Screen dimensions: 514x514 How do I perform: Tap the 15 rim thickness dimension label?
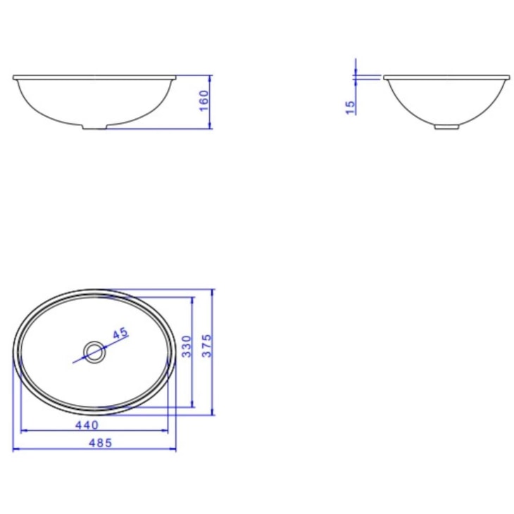pos(350,106)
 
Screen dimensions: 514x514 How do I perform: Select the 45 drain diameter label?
pos(120,333)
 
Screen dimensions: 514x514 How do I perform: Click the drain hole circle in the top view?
pos(93,351)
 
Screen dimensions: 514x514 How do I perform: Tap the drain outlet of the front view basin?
pos(94,127)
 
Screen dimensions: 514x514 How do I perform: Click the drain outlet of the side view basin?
pos(445,127)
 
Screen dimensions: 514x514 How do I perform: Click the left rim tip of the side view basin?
pos(384,77)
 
